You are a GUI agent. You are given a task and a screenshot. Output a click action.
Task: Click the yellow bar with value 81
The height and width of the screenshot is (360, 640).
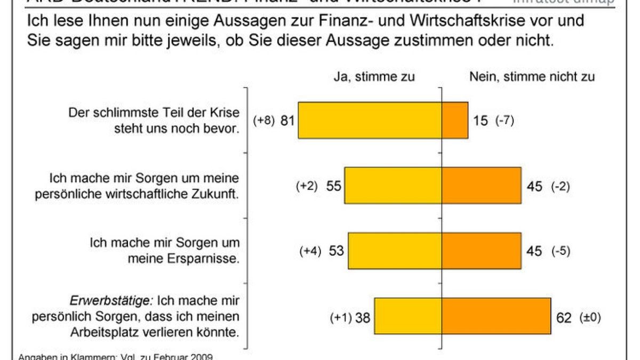coord(370,121)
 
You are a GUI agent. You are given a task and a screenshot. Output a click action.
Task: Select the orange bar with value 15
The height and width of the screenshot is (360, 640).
coord(455,121)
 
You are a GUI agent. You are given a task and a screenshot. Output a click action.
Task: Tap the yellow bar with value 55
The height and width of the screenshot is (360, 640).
coord(393,186)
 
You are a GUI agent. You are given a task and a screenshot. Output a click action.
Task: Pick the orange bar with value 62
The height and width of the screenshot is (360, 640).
coord(496,316)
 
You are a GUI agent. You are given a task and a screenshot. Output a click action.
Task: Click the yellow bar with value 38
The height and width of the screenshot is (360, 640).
coord(408,316)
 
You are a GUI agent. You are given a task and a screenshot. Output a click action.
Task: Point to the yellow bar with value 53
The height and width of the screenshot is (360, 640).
coord(395,251)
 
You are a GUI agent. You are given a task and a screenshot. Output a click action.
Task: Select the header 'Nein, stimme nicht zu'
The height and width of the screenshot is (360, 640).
coord(532,77)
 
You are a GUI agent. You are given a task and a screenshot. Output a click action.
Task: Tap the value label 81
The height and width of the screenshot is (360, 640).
coord(288,121)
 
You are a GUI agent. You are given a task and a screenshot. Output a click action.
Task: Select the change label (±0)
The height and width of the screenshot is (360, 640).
coord(590,318)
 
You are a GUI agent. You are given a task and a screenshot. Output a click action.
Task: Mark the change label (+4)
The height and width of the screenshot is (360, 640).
coord(310,251)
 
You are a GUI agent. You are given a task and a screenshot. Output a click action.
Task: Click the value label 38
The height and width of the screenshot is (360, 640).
coord(362,318)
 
